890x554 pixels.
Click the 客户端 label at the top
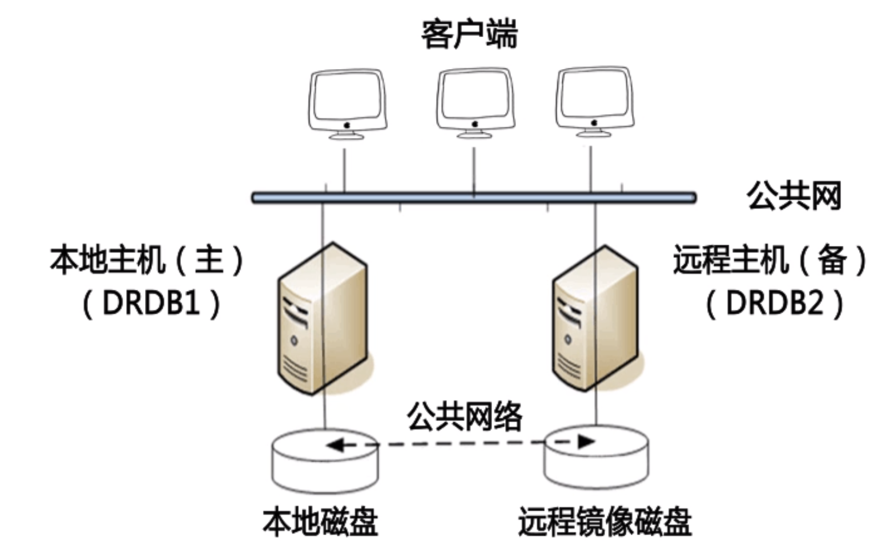pyautogui.click(x=469, y=34)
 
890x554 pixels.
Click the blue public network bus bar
pyautogui.click(x=474, y=198)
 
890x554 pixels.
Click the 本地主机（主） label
pyautogui.click(x=147, y=260)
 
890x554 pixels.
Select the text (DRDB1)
pyautogui.click(x=151, y=303)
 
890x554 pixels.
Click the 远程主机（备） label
pyautogui.click(x=770, y=260)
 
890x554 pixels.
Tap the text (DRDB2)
pyautogui.click(x=775, y=303)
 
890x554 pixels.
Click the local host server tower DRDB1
pyautogui.click(x=323, y=320)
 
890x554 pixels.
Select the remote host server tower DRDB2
pyautogui.click(x=595, y=320)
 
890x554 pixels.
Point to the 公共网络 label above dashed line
pyautogui.click(x=465, y=416)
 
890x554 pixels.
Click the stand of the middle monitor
pyautogui.click(x=474, y=134)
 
